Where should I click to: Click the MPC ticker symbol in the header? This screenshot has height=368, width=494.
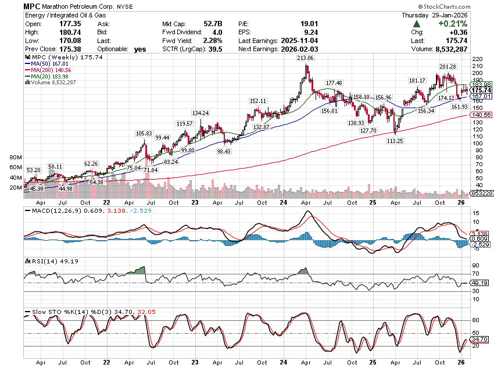33,5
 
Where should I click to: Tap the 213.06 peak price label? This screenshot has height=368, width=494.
305,58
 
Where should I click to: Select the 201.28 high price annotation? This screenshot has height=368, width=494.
448,67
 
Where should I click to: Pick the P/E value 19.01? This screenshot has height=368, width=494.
281,24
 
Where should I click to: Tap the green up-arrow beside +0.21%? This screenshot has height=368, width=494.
417,24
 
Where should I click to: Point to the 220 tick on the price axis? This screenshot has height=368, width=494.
478,59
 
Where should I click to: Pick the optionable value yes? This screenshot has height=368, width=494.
140,49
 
